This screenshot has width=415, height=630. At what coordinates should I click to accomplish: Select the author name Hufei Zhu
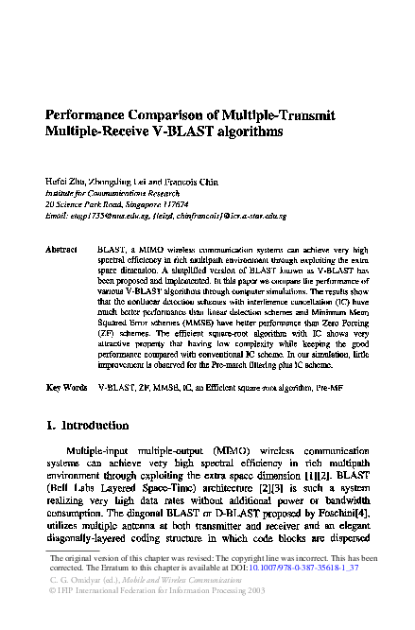click(x=67, y=180)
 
